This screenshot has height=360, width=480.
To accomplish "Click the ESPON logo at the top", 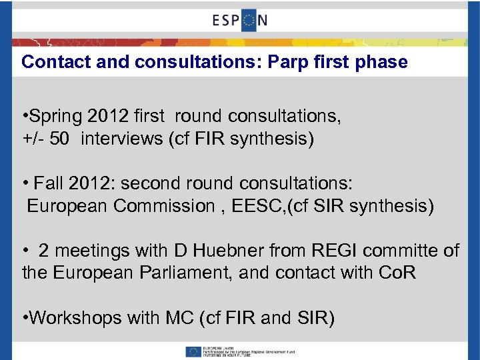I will (240, 19).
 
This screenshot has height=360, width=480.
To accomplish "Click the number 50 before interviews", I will (57, 139).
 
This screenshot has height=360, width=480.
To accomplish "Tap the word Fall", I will (49, 183).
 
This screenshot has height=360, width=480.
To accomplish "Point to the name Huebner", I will (227, 251).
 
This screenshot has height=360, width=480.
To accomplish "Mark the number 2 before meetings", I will (44, 251).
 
